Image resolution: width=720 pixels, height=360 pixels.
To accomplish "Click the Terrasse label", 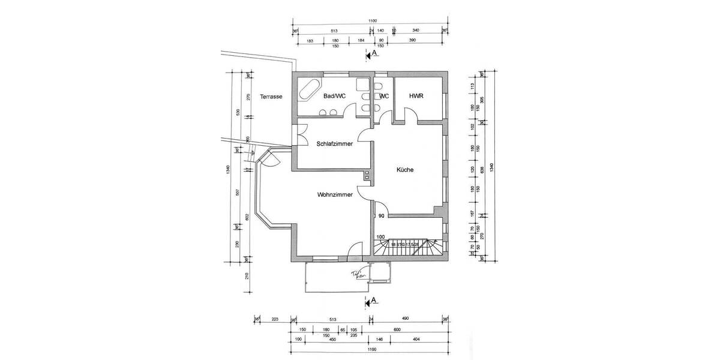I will coord(271,96).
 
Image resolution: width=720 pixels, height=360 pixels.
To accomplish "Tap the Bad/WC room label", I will coord(334,96).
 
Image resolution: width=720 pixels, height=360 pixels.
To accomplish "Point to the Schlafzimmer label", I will coord(334,144).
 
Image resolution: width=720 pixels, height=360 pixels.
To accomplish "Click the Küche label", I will coord(405,170).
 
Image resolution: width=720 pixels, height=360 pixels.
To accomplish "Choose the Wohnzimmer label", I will coord(334,194).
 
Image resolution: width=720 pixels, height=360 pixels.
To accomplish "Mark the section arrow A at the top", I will coord(371,54).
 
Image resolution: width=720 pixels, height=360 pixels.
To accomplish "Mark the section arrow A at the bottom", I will coord(371,301).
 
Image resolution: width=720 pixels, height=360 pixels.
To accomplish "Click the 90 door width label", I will coord(381,216).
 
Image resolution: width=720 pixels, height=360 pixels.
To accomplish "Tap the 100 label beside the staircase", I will coord(380,237).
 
